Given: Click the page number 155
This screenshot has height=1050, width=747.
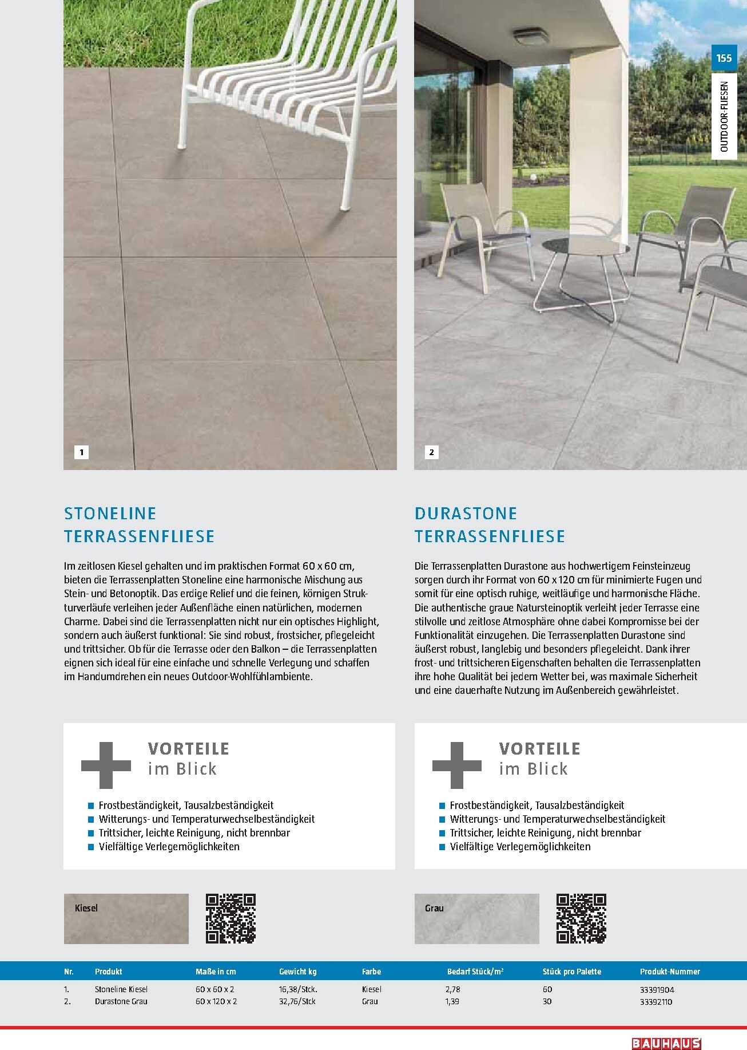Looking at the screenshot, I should pos(724,58).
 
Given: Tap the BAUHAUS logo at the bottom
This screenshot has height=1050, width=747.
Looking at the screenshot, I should pos(666,1043).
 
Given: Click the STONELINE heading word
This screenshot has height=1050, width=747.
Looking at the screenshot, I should pos(110,514).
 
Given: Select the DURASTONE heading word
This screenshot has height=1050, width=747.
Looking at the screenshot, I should pos(466,514).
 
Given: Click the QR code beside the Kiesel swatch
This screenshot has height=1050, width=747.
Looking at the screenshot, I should pos(231,918).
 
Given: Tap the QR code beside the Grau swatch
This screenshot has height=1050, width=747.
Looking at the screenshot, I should pos(581,918).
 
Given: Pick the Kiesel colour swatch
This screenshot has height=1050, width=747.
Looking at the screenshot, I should pos(126,919).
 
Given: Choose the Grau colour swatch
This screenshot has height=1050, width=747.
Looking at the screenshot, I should pos(476,919).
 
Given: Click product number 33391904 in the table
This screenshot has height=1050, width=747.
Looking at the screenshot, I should pos(657,989).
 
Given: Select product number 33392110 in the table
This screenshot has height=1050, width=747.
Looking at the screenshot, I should pos(656,1001).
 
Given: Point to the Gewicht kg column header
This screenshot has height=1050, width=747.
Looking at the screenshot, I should pos(297,972).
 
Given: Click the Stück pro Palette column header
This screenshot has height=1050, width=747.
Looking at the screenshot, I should pos(571,972).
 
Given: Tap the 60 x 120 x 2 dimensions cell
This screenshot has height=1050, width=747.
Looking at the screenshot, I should pos(216,1001).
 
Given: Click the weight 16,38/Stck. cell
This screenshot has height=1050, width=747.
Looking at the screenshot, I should pos(298,989).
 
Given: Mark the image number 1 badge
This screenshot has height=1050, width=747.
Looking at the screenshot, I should pos(81,452).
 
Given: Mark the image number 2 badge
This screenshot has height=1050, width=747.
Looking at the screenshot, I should pos(431,452).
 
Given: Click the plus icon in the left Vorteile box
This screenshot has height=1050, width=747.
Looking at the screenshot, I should pos(106,765).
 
